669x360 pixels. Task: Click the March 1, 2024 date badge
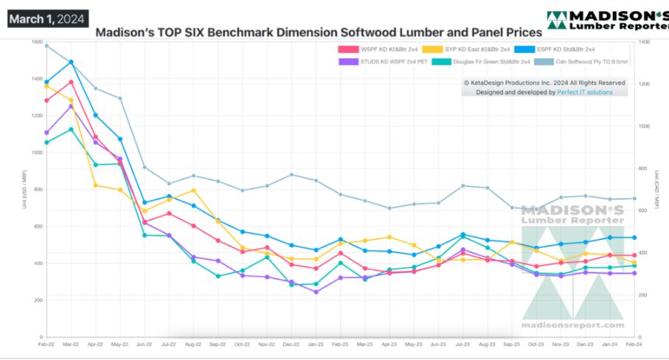(x=48, y=18)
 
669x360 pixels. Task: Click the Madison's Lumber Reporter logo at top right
(x=607, y=21)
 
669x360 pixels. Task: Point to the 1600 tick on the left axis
(x=35, y=42)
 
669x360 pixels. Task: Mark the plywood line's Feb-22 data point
(x=46, y=46)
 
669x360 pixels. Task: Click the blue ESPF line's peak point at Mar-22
(x=71, y=62)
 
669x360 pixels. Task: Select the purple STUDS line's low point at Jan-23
(x=316, y=291)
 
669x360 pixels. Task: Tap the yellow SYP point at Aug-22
(x=193, y=190)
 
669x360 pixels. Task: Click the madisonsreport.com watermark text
(x=573, y=325)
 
